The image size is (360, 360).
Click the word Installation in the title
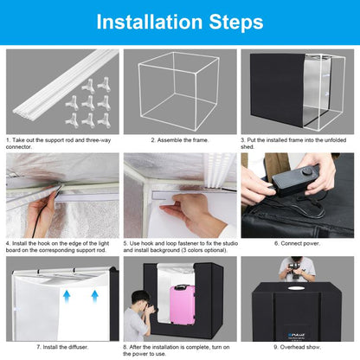(150, 22)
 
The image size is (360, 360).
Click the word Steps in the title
(236, 22)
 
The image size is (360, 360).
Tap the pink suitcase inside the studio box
(182, 305)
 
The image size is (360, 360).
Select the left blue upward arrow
(67, 297)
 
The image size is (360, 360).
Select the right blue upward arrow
(94, 297)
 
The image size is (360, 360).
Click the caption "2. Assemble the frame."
(180, 140)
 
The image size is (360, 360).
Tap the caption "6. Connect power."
(298, 243)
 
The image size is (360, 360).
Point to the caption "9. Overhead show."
(298, 347)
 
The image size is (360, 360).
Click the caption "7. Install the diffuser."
(62, 347)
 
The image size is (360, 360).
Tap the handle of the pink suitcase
(181, 286)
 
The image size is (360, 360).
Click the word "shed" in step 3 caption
(247, 147)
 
